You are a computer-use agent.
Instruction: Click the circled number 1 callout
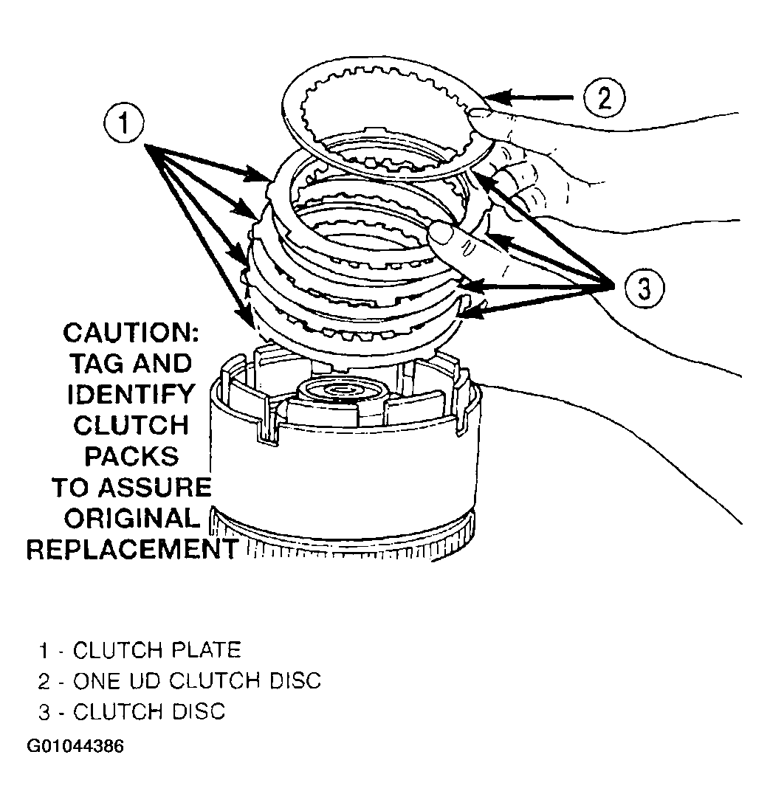[124, 124]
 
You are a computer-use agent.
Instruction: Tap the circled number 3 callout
[644, 288]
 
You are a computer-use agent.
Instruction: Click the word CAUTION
[131, 334]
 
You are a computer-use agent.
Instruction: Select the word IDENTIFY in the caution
[131, 395]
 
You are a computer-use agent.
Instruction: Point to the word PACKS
[131, 457]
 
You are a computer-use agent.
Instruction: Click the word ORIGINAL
[132, 519]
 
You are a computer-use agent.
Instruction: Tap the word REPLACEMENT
[132, 550]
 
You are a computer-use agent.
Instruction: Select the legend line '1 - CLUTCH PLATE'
[140, 650]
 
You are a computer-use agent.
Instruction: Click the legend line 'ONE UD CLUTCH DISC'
[197, 681]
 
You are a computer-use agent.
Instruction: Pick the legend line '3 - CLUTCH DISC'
[132, 711]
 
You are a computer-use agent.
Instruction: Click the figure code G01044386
[75, 746]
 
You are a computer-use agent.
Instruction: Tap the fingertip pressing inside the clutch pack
[441, 236]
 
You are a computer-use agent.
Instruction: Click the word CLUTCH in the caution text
[131, 426]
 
